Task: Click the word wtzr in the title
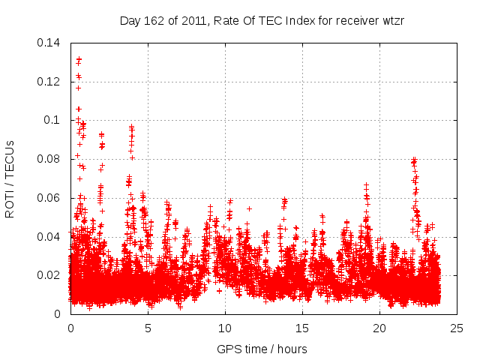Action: (x=392, y=20)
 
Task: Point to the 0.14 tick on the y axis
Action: (x=49, y=42)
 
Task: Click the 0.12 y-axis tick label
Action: (x=49, y=81)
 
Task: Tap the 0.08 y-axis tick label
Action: (x=49, y=159)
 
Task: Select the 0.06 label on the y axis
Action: (x=49, y=198)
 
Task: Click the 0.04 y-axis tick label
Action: (x=49, y=237)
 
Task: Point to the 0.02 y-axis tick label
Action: (x=49, y=275)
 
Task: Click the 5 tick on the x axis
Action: (x=148, y=328)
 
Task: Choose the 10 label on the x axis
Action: (x=225, y=328)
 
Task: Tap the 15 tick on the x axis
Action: (x=302, y=328)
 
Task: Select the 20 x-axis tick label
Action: (x=379, y=328)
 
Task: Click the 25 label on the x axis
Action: (x=457, y=328)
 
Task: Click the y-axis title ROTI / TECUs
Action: (x=10, y=178)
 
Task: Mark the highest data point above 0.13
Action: (x=79, y=58)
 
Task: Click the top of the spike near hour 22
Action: (x=413, y=159)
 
